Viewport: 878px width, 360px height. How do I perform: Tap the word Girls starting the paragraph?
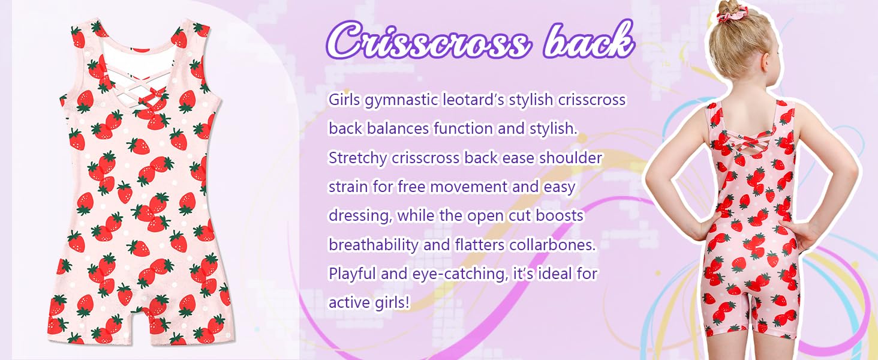[x=344, y=100]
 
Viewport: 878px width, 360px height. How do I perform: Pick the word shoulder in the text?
[x=571, y=158]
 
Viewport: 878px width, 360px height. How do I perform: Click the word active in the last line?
[x=349, y=302]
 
